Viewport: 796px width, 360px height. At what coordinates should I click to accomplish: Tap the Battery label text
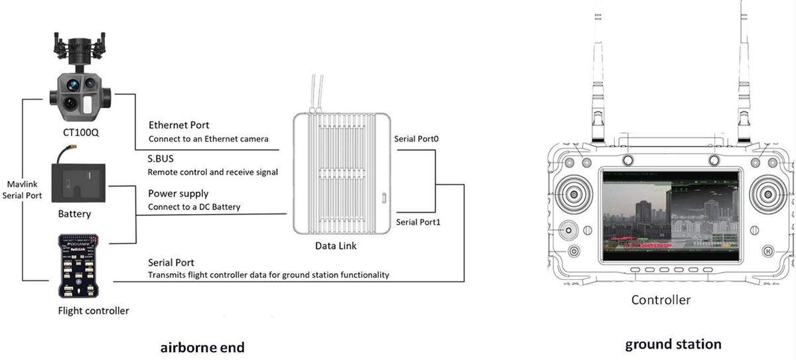coord(74,214)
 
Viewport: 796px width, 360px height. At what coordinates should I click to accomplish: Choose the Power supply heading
coord(178,194)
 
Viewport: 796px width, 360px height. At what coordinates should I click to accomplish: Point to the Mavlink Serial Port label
coord(25,190)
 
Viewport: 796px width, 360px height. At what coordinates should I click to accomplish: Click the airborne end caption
coord(202,347)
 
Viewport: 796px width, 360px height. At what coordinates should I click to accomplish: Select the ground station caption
coord(673,345)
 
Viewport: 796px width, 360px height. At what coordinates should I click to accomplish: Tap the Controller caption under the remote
coord(661,300)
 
